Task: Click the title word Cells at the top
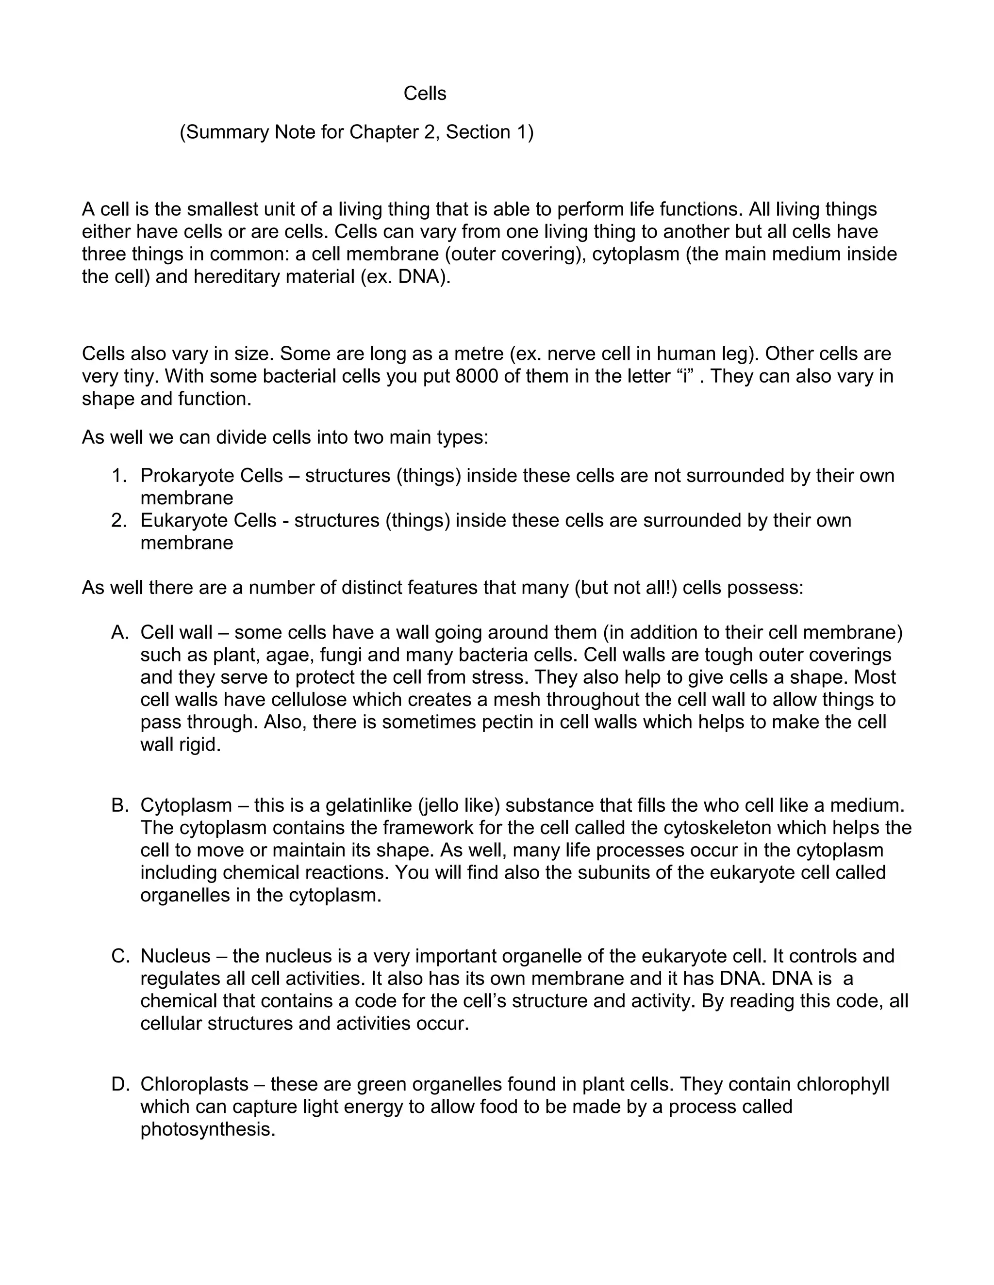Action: pos(425,94)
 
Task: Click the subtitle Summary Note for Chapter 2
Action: pos(356,132)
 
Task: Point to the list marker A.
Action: pos(119,632)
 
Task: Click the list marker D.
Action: pos(119,1084)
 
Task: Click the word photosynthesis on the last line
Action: pos(207,1130)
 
